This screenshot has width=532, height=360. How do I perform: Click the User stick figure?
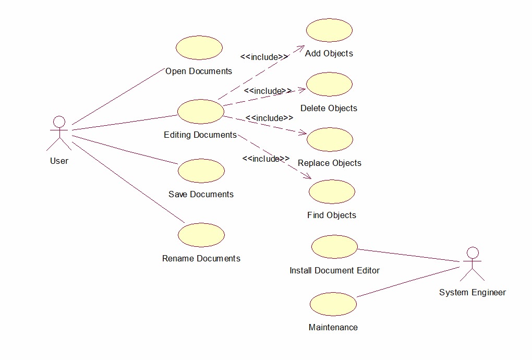tap(59, 133)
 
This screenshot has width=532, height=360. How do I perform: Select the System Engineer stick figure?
tap(472, 263)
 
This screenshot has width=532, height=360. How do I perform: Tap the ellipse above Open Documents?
tap(199, 47)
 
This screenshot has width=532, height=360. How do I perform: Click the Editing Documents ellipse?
tap(200, 111)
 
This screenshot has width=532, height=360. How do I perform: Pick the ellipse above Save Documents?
tap(201, 171)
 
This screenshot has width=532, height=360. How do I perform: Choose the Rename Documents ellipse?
tap(201, 235)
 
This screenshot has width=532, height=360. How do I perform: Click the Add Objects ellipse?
tap(329, 30)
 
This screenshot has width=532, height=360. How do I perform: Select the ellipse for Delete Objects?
tap(329, 85)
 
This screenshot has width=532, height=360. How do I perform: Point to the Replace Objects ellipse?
tap(330, 139)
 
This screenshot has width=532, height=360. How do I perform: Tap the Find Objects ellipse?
tap(332, 191)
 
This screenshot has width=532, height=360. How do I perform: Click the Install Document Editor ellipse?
tap(334, 246)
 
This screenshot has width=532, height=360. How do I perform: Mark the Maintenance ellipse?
tap(333, 304)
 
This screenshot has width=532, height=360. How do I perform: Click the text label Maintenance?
tap(333, 328)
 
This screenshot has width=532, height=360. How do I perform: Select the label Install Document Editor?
tap(334, 270)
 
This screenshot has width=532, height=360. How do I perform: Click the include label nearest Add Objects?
tap(264, 57)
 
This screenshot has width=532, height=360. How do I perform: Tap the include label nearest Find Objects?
tap(265, 159)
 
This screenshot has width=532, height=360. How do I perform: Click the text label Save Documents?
tap(201, 194)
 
